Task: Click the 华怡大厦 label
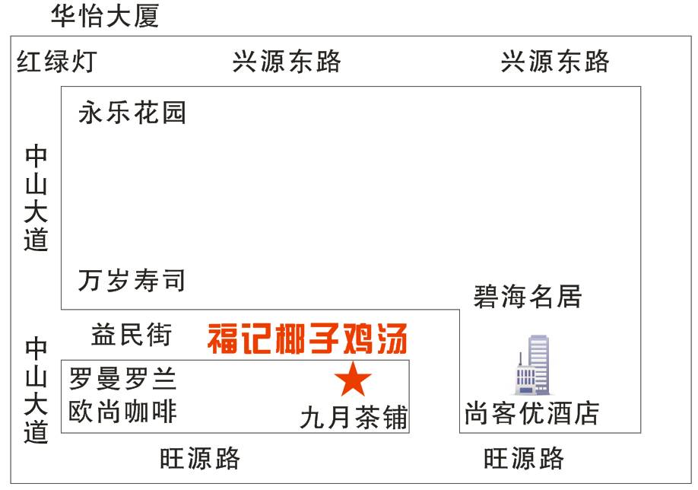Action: [105, 15]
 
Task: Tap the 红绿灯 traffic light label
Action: [57, 61]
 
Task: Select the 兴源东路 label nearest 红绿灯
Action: [287, 61]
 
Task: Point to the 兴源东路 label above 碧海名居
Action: [555, 61]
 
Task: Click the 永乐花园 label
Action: [132, 113]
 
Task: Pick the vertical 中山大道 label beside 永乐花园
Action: [36, 197]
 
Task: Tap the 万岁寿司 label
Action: [132, 280]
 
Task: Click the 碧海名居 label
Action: [528, 296]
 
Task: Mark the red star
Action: [353, 379]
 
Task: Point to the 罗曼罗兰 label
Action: [122, 378]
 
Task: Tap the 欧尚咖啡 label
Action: [122, 412]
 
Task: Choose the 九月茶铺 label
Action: [354, 417]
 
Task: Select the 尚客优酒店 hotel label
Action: [532, 414]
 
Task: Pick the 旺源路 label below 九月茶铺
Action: [200, 458]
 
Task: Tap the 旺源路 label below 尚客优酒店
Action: [525, 458]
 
